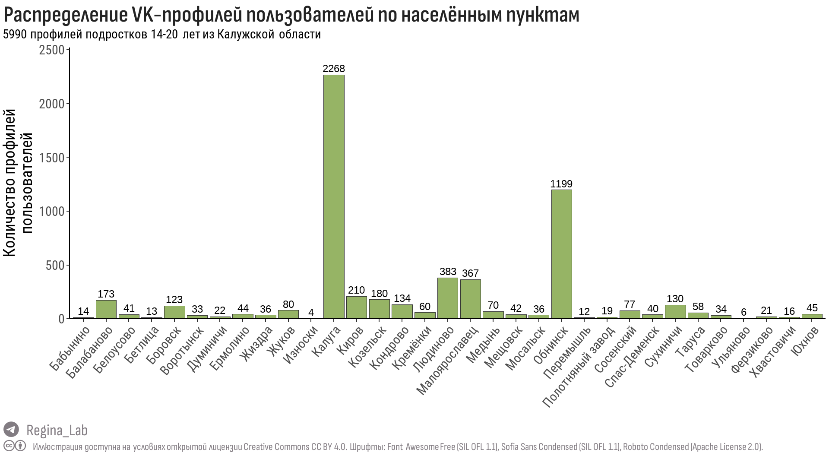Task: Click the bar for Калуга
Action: pyautogui.click(x=334, y=196)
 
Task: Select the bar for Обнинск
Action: pyautogui.click(x=561, y=254)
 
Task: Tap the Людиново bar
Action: pyautogui.click(x=447, y=298)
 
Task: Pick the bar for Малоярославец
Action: pyautogui.click(x=470, y=299)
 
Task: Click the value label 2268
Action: pyautogui.click(x=334, y=69)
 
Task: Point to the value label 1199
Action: pyautogui.click(x=561, y=184)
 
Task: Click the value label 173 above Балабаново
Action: pyautogui.click(x=106, y=294)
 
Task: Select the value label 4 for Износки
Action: pyautogui.click(x=311, y=312)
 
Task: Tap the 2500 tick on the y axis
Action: pyautogui.click(x=51, y=50)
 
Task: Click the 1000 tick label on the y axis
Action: pyautogui.click(x=51, y=211)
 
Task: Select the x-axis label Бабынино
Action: pyautogui.click(x=70, y=349)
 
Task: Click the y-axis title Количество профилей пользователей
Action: pyautogui.click(x=18, y=184)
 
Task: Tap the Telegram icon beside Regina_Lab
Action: pyautogui.click(x=11, y=430)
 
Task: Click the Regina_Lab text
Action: pyautogui.click(x=57, y=430)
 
